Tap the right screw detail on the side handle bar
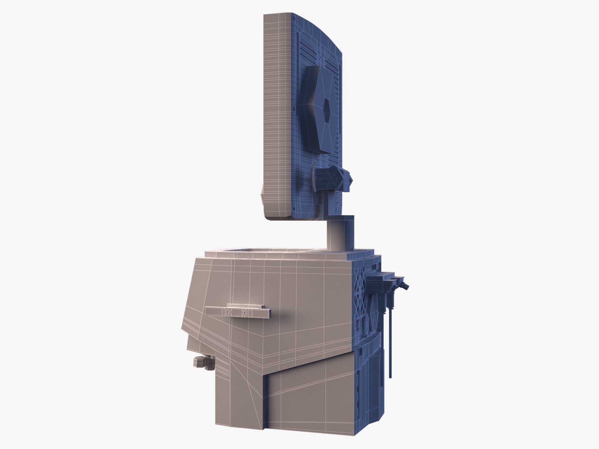(x=245, y=311)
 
